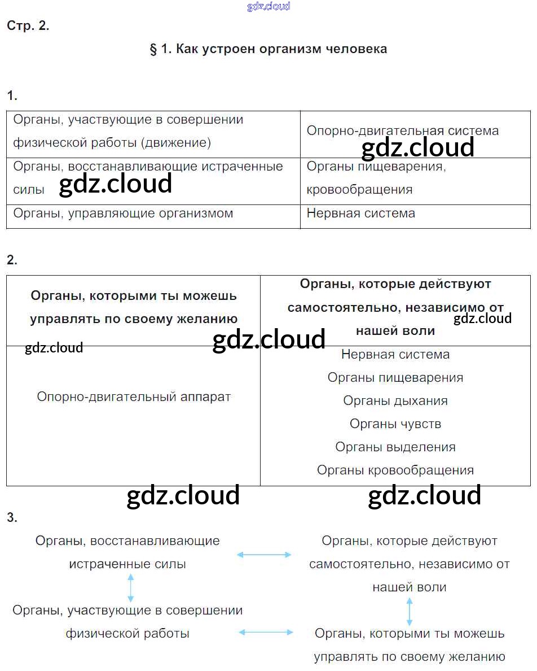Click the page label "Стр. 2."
28,26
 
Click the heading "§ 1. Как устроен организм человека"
268,49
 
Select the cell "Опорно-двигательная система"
402,130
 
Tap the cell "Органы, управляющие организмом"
123,213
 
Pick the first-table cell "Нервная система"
360,213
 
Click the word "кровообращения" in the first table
359,190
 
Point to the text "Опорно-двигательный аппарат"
134,397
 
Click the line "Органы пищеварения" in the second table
395,378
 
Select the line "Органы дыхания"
395,401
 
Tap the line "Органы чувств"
395,424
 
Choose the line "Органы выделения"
395,447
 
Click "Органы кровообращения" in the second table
395,470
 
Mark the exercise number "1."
12,96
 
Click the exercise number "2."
12,260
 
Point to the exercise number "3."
12,517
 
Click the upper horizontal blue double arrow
264,555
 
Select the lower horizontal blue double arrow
266,633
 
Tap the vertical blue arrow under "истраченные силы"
131,587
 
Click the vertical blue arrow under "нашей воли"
410,611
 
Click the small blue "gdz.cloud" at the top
268,7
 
